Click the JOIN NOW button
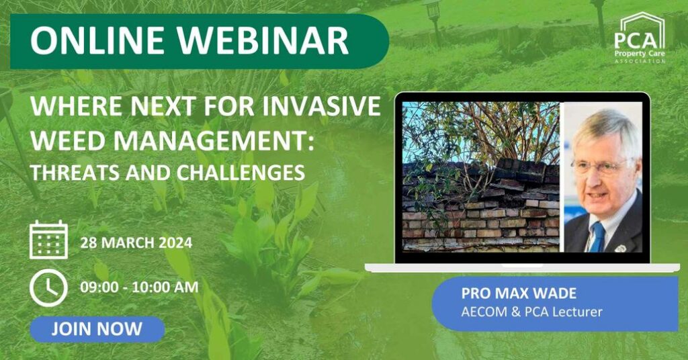[97, 329]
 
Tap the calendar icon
[48, 240]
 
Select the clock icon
[48, 287]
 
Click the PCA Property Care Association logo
[640, 38]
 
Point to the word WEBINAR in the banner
[263, 41]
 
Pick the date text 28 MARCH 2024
[136, 243]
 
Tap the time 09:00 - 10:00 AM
[139, 287]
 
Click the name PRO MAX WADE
[519, 293]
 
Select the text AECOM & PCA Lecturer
[531, 312]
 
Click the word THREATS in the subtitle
[75, 173]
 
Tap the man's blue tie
[597, 236]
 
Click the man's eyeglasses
[603, 167]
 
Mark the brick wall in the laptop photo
[480, 206]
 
